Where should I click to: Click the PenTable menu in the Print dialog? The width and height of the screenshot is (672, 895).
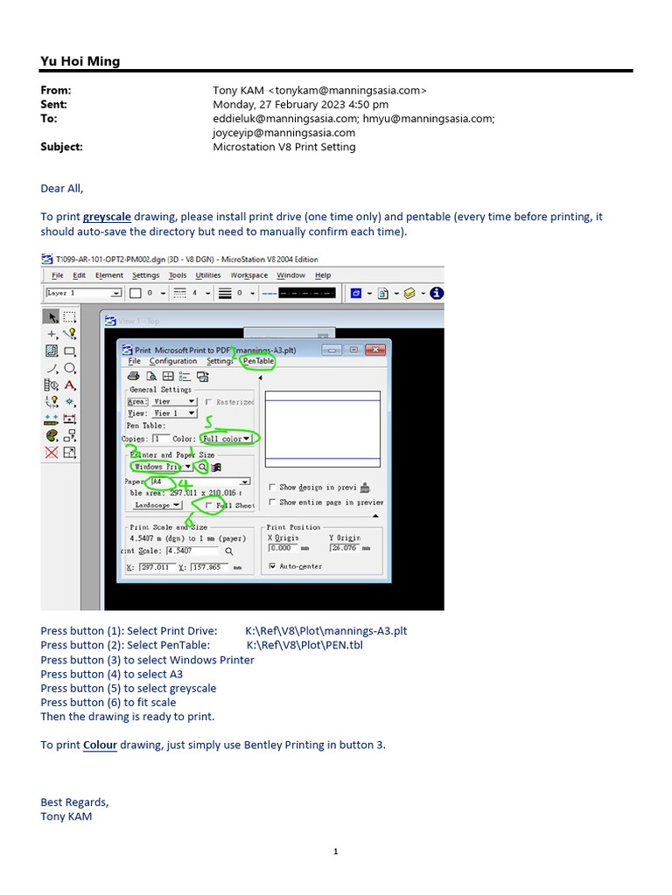tap(258, 361)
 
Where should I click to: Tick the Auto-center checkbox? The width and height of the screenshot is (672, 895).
tap(273, 566)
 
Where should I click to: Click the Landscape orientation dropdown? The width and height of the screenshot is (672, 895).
tap(157, 505)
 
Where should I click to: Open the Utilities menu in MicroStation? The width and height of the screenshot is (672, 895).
tap(208, 275)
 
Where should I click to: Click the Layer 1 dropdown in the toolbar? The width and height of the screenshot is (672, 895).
tap(83, 294)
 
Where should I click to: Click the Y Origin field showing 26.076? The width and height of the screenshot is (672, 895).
tap(346, 548)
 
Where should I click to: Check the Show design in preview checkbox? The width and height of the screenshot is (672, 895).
tap(273, 487)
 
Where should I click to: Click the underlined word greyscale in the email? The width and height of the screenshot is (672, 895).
tap(107, 217)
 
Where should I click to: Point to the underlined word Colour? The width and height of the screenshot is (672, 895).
tap(100, 745)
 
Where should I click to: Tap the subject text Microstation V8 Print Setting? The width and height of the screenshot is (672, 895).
tap(284, 147)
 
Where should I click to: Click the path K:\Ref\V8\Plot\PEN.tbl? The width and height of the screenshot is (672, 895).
tap(304, 645)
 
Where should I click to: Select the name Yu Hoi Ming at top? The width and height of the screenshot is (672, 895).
tap(80, 61)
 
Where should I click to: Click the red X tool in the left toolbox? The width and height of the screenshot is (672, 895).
tap(52, 452)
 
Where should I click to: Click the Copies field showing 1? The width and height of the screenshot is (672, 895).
tap(161, 439)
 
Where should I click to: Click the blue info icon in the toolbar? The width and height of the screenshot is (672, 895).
tap(437, 294)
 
